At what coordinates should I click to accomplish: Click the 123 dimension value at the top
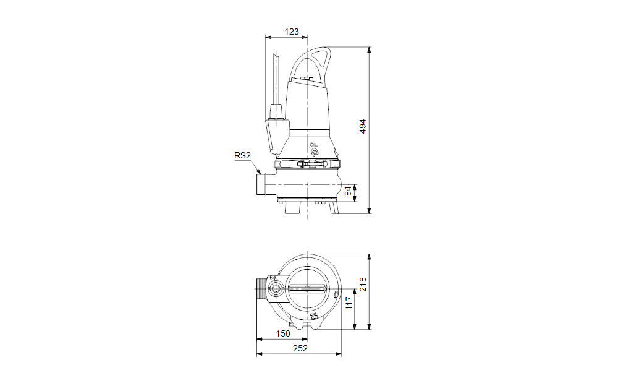(x=292, y=32)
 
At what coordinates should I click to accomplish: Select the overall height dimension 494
(x=363, y=126)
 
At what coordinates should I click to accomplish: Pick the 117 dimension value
(x=349, y=303)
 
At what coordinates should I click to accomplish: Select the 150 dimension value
(x=282, y=333)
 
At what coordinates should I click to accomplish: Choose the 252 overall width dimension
(x=300, y=348)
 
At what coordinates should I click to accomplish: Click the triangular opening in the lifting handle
(x=321, y=61)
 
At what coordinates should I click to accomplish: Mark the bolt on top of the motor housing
(x=307, y=79)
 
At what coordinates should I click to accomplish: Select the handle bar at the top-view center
(x=307, y=288)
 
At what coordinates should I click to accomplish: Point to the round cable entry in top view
(x=276, y=288)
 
